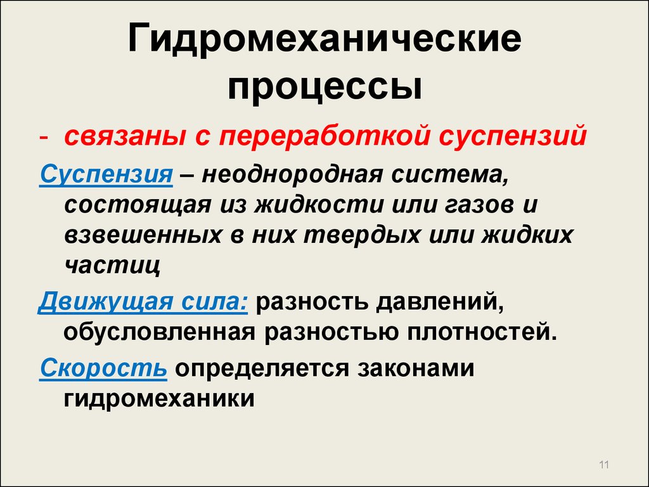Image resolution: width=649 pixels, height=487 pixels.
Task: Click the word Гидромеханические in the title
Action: (x=324, y=39)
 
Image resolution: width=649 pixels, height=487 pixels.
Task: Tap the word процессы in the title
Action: (x=325, y=89)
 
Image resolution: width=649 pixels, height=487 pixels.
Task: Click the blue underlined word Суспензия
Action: (x=106, y=174)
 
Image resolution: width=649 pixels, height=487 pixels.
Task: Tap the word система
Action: (x=449, y=174)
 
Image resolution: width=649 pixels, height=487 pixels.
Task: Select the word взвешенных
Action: (x=143, y=235)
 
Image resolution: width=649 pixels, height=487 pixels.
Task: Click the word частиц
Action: (x=112, y=266)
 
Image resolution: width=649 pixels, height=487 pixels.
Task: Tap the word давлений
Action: (x=440, y=301)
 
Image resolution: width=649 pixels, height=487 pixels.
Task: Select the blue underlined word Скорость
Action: (x=103, y=368)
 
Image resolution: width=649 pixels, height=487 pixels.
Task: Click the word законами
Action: (x=416, y=368)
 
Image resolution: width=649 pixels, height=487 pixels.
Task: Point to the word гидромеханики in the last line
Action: (x=159, y=398)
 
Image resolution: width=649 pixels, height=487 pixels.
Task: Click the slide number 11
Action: (x=604, y=465)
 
